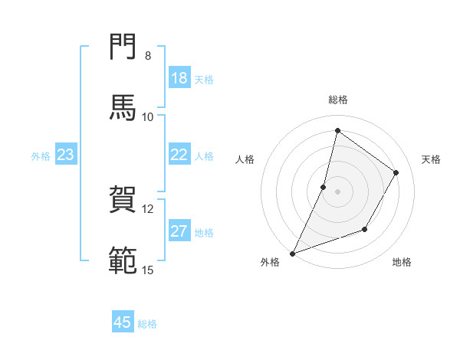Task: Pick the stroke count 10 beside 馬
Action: pos(148,117)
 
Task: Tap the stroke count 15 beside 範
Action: pos(148,270)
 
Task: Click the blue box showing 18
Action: pos(179,78)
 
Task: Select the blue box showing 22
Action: pos(179,155)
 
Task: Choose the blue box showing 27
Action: pos(179,231)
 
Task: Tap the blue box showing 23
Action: pos(66,155)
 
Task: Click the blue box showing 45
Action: pos(123,322)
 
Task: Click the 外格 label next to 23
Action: pos(41,156)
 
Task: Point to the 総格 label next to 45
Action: pos(147,324)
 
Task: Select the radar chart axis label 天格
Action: pos(432,159)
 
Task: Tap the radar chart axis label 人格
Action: pos(245,159)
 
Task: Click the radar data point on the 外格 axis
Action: pos(293,253)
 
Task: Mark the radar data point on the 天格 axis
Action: pos(396,172)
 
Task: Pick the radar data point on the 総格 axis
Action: pos(337,130)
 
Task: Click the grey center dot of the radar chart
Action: pos(337,191)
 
